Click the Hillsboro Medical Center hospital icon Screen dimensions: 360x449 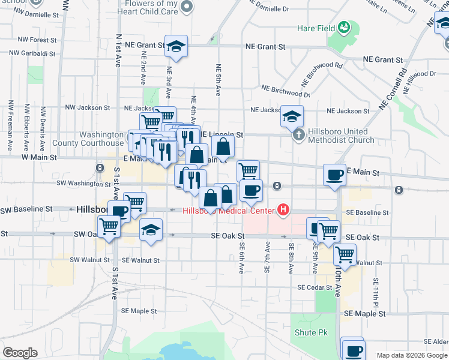click(x=283, y=210)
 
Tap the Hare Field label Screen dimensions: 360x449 click(x=315, y=28)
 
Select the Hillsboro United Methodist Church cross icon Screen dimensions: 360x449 click(x=298, y=134)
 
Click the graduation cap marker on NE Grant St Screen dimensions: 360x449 click(x=176, y=46)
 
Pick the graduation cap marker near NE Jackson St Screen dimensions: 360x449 click(x=292, y=116)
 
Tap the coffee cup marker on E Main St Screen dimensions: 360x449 click(x=334, y=175)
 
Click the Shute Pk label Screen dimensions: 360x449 click(x=310, y=332)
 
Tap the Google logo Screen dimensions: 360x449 click(x=20, y=353)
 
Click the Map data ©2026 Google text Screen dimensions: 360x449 click(x=411, y=355)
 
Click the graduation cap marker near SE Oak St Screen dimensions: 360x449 click(x=151, y=230)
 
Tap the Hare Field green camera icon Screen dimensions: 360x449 click(x=344, y=27)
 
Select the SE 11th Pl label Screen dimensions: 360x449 click(x=376, y=289)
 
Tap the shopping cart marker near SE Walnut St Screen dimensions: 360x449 click(x=345, y=254)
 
